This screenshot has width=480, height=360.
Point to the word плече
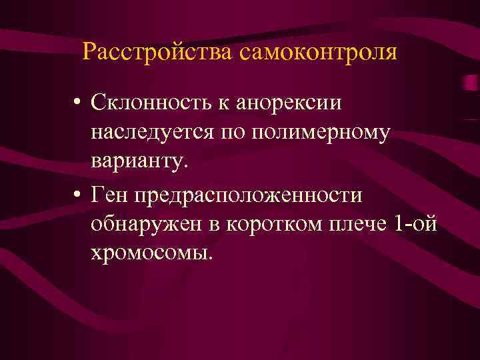click(355, 224)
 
